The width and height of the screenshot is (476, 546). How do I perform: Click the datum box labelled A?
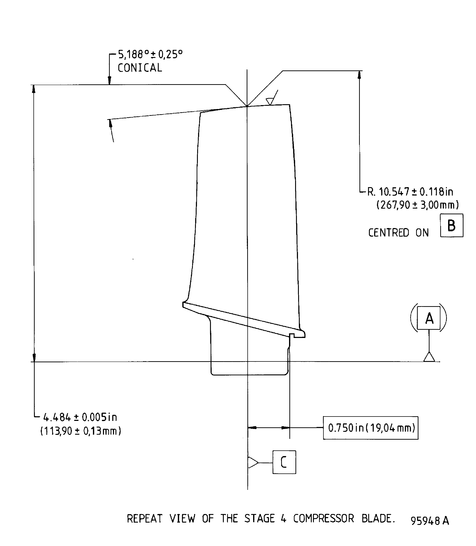click(x=428, y=318)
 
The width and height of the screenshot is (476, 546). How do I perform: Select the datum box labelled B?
click(x=452, y=226)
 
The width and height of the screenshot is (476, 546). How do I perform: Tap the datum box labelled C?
click(x=284, y=462)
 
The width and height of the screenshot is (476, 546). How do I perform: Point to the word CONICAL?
click(x=140, y=68)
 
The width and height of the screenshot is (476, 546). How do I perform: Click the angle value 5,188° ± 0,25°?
click(x=150, y=55)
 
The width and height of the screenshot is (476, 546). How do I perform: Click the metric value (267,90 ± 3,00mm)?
click(x=418, y=205)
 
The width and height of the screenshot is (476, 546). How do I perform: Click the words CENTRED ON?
click(x=398, y=233)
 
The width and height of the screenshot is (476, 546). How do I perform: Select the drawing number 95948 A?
click(x=430, y=521)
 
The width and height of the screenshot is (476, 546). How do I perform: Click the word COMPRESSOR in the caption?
click(x=324, y=519)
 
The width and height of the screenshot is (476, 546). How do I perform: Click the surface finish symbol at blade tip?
click(x=270, y=101)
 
